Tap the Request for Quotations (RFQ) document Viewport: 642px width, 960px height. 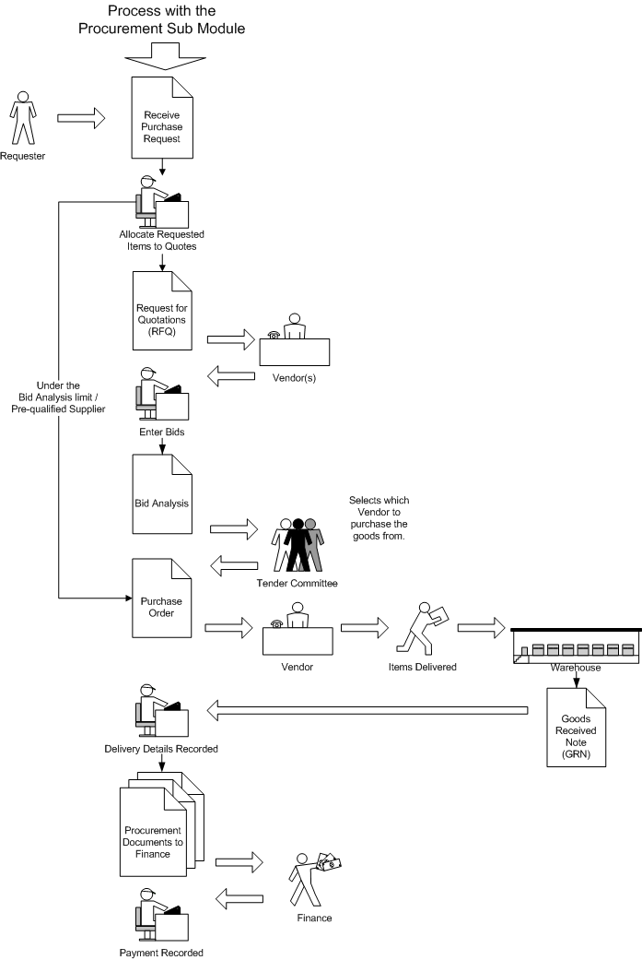click(162, 310)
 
